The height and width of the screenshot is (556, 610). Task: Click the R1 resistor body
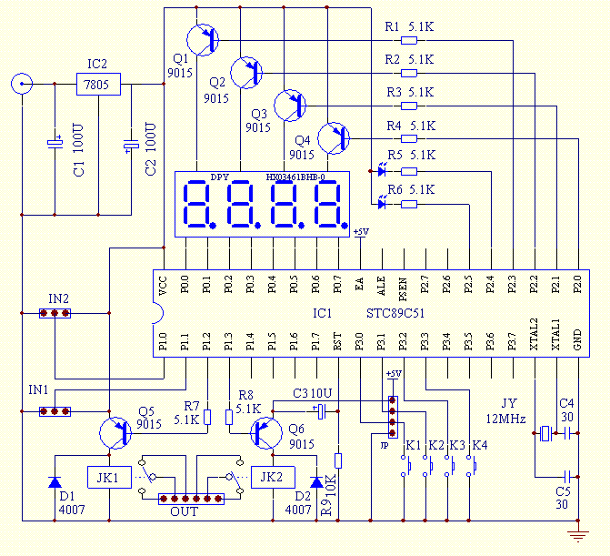pos(409,39)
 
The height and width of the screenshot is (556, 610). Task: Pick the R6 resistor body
pos(409,204)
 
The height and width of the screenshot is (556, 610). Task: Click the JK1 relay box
pos(108,477)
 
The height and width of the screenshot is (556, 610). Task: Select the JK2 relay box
pos(271,477)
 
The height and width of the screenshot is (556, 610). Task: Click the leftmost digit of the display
pos(199,204)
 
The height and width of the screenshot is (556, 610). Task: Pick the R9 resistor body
pos(338,461)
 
